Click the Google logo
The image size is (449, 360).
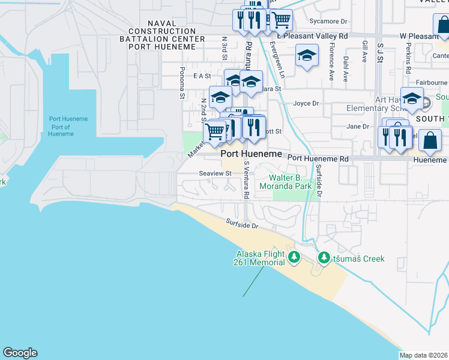point(20,353)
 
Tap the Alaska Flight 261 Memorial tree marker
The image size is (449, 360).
point(294,257)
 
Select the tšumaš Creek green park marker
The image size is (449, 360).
point(324,258)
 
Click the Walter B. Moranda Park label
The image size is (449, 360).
point(291,182)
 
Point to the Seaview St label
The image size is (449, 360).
point(215,173)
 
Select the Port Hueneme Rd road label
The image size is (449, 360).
point(318,158)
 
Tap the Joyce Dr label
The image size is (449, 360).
point(306,103)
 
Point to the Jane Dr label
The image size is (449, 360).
point(358,126)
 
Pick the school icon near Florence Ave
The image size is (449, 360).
point(307,56)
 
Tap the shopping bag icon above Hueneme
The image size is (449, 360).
point(430,142)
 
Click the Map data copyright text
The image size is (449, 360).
point(424,355)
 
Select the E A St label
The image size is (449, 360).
point(202,76)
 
